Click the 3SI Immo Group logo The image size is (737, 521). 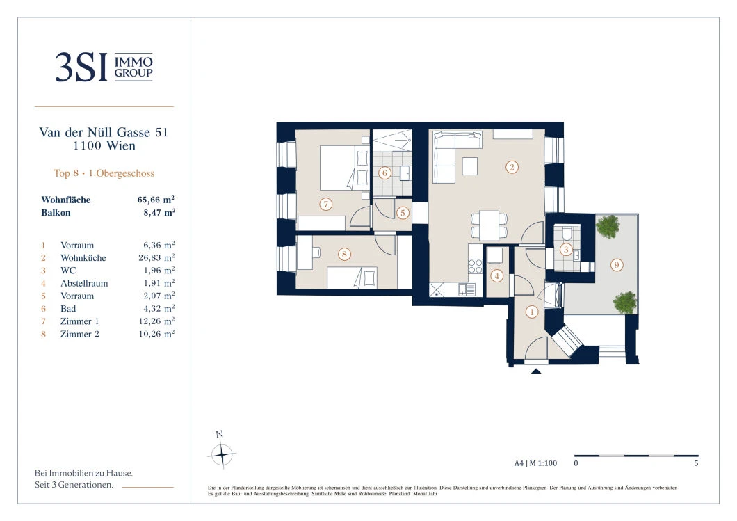(104, 67)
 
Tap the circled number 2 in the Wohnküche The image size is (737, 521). (512, 167)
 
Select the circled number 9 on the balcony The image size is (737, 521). (617, 265)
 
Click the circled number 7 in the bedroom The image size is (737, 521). (325, 204)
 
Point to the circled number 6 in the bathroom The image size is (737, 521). (385, 173)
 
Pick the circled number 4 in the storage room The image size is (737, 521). (497, 276)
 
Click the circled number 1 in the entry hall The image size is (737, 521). (532, 312)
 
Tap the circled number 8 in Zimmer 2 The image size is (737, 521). (344, 255)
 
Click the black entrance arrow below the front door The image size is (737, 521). (536, 371)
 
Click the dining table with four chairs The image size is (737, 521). (489, 225)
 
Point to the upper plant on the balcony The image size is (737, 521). (608, 226)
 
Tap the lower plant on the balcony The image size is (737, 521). (624, 303)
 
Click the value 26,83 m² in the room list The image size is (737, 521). (156, 257)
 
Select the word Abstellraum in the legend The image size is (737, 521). (84, 283)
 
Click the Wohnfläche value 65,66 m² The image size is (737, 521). (156, 200)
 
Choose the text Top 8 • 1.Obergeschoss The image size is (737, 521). (104, 173)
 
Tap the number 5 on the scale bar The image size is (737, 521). (696, 463)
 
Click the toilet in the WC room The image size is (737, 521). (566, 234)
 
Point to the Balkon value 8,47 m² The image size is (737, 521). (159, 213)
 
